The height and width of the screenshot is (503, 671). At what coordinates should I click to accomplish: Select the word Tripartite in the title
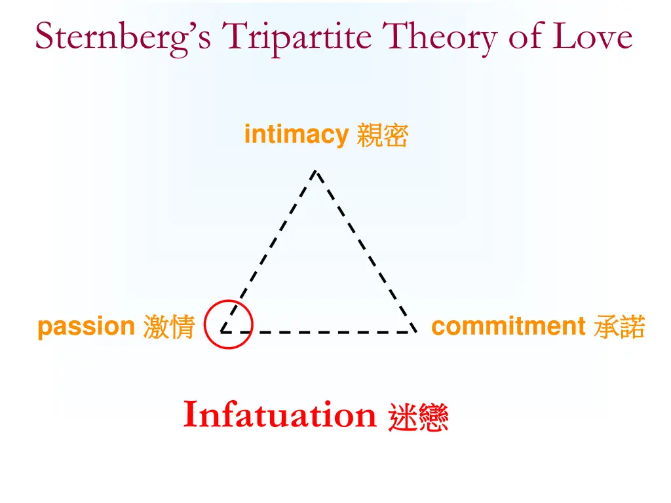[297, 37]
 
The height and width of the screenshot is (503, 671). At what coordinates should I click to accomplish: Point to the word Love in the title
[593, 36]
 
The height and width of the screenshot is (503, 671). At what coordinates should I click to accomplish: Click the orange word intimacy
[296, 135]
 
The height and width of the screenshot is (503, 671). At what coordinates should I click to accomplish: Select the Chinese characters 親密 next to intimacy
[382, 136]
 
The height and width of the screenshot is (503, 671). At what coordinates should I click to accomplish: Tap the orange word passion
[86, 326]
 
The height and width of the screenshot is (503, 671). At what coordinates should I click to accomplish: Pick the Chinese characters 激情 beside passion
[169, 327]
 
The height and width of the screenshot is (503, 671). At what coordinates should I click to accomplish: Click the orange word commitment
[508, 326]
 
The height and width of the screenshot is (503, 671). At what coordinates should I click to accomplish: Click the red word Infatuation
[280, 415]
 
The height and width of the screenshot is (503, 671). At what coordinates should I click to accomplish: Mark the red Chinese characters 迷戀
[418, 417]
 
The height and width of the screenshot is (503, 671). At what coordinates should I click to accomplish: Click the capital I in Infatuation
[191, 415]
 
